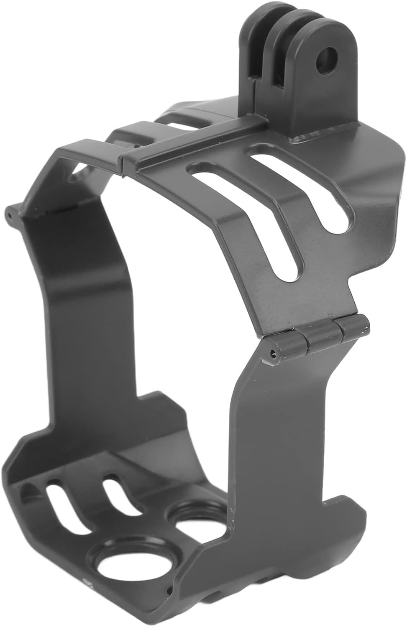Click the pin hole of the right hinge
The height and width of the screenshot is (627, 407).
tap(273, 354)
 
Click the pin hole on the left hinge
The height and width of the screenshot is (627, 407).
tap(9, 216)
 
